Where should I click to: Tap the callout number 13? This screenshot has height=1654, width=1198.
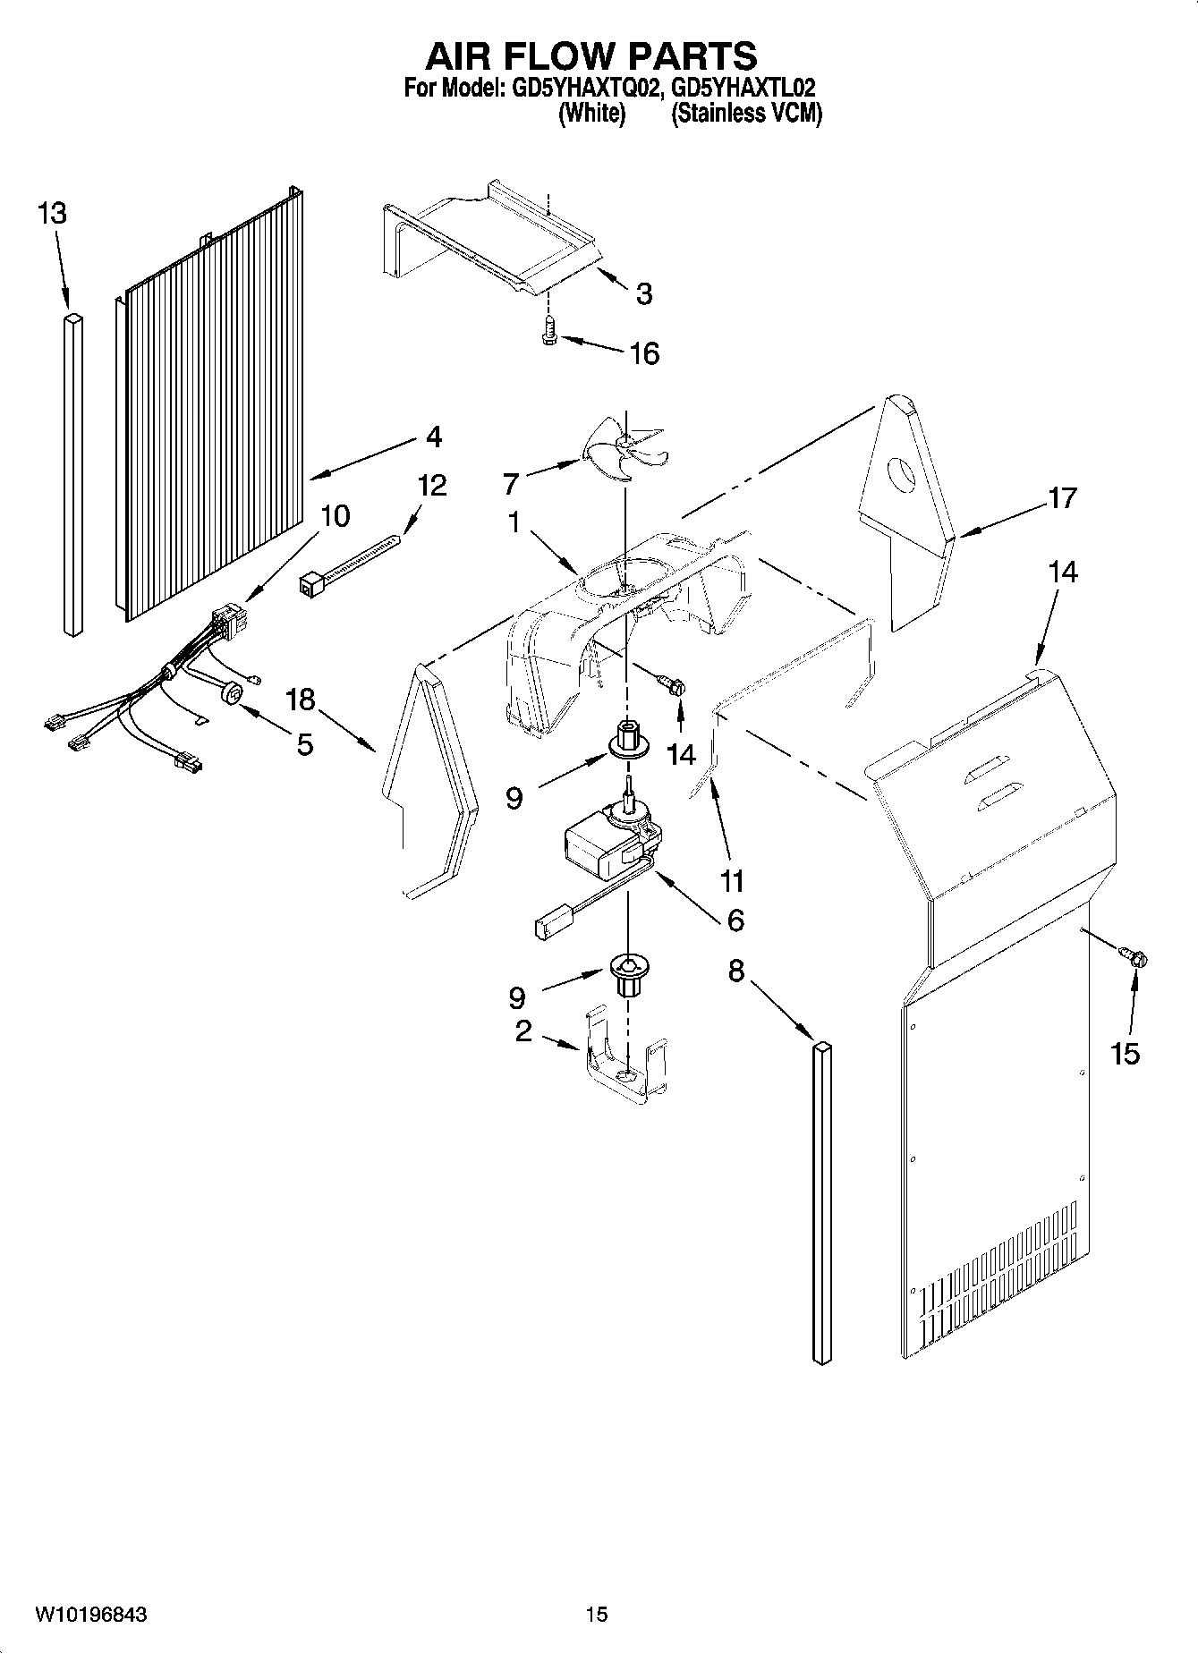(x=52, y=214)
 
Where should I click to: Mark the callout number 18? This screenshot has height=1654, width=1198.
(x=301, y=700)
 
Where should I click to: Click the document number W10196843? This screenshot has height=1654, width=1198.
(x=91, y=1615)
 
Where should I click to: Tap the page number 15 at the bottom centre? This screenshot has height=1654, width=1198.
(x=597, y=1615)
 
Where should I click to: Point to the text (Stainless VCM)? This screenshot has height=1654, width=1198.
(x=746, y=115)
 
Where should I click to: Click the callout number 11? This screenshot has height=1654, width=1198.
(x=732, y=881)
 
